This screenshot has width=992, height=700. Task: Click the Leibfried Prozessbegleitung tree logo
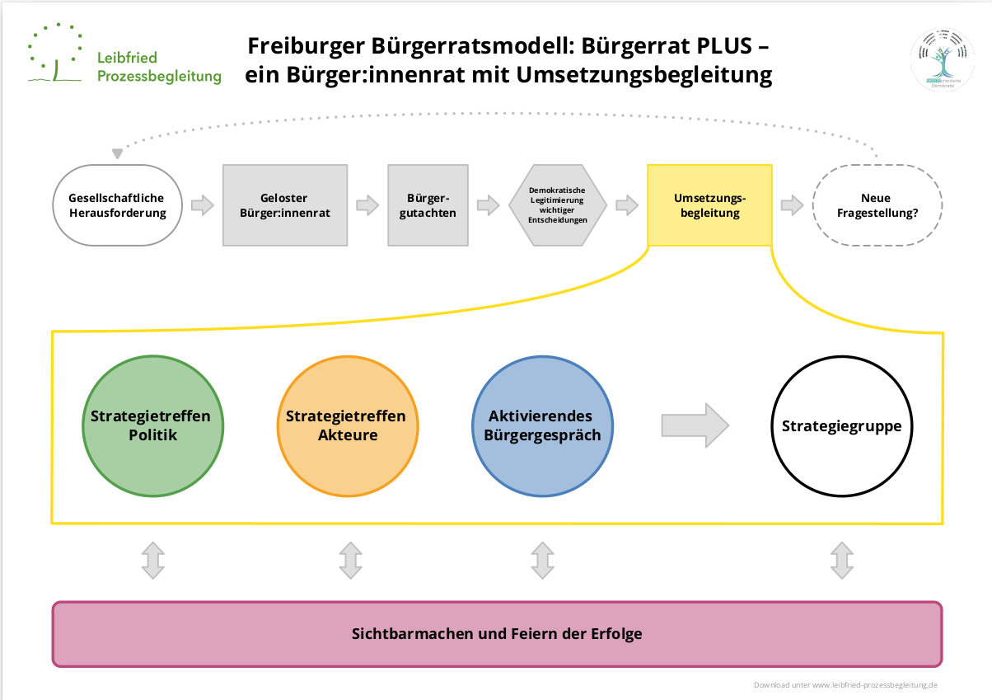point(55,54)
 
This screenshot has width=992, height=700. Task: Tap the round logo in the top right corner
point(942,59)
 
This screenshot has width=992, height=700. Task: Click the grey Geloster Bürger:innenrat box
point(284,205)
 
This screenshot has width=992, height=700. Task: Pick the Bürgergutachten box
point(428,205)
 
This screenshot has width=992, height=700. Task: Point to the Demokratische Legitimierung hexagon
point(558,205)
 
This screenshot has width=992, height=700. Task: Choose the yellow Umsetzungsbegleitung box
point(709,205)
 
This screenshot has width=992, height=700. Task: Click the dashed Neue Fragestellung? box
point(877,205)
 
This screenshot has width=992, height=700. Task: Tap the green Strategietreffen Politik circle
point(153,425)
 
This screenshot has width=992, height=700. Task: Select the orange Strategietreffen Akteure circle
point(346,425)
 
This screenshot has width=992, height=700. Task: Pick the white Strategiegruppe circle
point(841,425)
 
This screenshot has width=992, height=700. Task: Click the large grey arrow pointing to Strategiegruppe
point(695,425)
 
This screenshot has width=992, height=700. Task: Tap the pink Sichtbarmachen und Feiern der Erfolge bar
point(497,634)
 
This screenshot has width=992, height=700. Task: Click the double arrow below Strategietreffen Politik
point(153,560)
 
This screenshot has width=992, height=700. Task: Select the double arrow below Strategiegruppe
point(841,560)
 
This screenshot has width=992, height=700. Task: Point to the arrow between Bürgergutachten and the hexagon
point(488,205)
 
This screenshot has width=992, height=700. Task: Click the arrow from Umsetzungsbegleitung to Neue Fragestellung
point(792,205)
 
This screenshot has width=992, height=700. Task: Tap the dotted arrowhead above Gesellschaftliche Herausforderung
point(118,153)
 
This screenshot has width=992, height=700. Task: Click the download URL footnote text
point(845,685)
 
